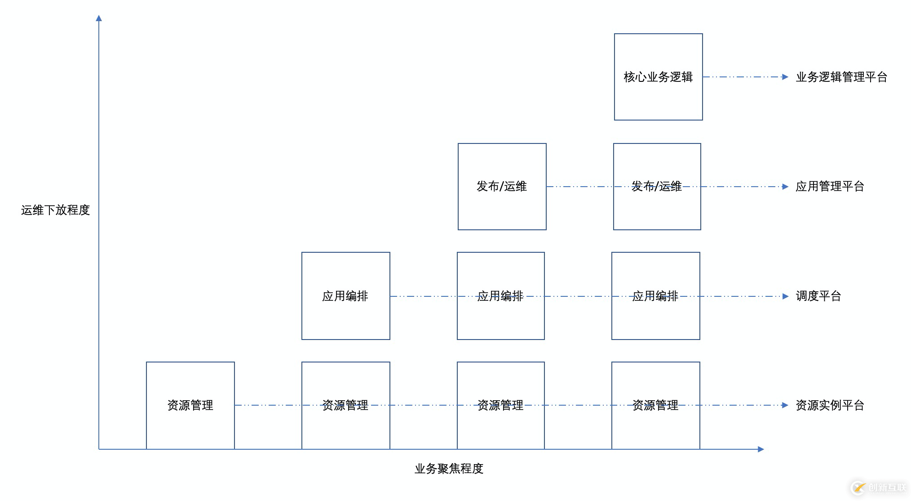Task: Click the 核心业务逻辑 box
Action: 658,77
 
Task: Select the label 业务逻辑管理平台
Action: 841,77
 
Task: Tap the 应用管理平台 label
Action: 829,186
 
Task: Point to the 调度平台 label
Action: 818,296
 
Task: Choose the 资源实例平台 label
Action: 829,405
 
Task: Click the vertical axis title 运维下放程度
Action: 55,210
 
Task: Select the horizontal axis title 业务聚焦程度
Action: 448,469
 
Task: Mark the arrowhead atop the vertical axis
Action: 99,18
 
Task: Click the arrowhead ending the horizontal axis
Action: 761,449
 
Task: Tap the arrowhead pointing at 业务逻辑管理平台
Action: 785,77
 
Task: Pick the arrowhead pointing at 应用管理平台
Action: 785,187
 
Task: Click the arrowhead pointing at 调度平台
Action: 785,296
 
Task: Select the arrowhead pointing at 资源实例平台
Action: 785,405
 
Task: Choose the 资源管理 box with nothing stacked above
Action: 190,405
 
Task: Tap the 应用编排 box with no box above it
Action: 345,296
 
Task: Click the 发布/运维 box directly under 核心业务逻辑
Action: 657,186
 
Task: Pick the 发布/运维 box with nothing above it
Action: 502,186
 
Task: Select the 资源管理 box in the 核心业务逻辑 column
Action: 655,405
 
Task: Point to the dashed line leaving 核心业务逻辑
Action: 741,77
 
